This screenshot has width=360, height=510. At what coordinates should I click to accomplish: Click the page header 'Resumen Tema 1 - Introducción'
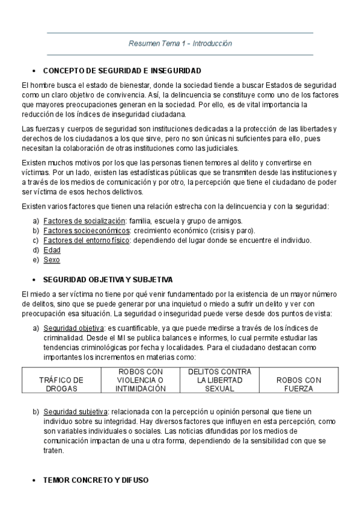tap(180, 43)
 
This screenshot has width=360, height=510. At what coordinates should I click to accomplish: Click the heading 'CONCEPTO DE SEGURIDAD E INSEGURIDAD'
tap(122, 70)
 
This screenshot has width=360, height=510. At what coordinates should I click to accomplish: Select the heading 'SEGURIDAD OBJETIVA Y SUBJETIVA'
tap(108, 280)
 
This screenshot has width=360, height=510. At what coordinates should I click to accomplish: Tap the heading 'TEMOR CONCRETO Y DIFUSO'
tap(96, 481)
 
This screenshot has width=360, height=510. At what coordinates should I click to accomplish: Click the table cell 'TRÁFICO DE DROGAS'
tap(61, 384)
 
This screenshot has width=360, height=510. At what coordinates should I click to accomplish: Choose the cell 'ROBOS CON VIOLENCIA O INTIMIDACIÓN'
tap(141, 380)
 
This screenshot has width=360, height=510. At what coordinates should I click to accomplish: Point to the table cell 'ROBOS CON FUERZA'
tap(299, 384)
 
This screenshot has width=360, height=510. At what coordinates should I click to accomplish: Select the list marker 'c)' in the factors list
tap(36, 240)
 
